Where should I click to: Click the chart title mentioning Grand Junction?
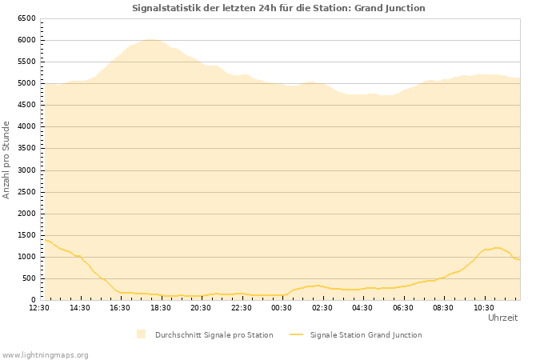(278, 8)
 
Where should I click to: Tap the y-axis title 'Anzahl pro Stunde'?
(6, 160)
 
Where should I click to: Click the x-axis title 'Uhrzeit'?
(502, 318)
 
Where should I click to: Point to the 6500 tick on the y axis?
(26, 18)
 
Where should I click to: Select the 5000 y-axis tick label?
(26, 83)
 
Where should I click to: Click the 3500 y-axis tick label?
(26, 148)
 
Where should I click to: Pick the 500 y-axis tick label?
(28, 278)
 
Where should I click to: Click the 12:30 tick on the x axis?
(39, 307)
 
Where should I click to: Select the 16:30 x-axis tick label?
(120, 307)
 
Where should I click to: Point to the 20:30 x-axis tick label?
(201, 307)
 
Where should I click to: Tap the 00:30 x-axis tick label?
(282, 307)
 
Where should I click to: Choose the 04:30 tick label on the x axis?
(362, 307)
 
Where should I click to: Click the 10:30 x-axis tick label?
(483, 307)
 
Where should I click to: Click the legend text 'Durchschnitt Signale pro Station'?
(214, 335)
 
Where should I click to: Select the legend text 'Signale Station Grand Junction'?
(366, 335)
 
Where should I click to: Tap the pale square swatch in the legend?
(142, 334)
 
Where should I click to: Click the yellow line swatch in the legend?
(297, 334)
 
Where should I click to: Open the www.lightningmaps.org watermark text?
(46, 354)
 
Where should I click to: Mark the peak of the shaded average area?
(150, 39)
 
